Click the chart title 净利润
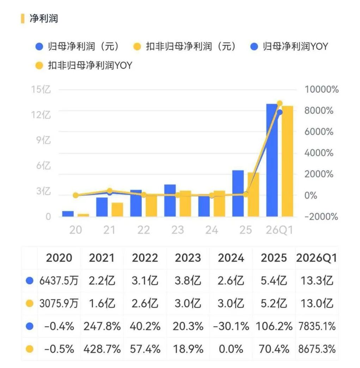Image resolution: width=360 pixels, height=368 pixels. pos(44,19)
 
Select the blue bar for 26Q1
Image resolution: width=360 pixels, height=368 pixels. pos(272,160)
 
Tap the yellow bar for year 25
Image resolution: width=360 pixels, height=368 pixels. pos(253,194)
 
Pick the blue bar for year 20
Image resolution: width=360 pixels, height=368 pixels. pos(68,213)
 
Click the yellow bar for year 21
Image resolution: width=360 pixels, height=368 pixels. pos(117,209)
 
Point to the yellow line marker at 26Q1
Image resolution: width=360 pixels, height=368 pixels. pos(280,103)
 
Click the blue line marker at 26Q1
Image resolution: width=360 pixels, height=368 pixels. pos(280,112)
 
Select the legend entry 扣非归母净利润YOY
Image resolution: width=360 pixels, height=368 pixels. pos(84,65)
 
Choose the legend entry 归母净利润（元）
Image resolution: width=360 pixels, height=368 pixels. pos(77,46)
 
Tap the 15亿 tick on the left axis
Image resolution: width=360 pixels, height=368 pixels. pos(41,89)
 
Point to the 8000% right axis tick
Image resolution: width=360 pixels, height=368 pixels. pos(319,111)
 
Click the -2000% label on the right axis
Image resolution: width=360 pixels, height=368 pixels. pos(321,217)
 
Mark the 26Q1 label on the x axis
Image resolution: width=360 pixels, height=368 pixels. pos(279,230)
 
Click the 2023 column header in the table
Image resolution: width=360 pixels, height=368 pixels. pos(188,258)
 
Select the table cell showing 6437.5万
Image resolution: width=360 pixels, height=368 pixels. pos(59,280)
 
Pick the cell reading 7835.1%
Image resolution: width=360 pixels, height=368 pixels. pos(317,326)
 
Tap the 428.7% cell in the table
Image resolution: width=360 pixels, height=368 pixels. pos(102,349)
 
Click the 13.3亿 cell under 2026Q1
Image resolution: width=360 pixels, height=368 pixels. pos(317,280)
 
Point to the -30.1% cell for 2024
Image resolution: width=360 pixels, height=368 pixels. pos(231,326)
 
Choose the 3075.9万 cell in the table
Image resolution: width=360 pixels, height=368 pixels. pos(59,303)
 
